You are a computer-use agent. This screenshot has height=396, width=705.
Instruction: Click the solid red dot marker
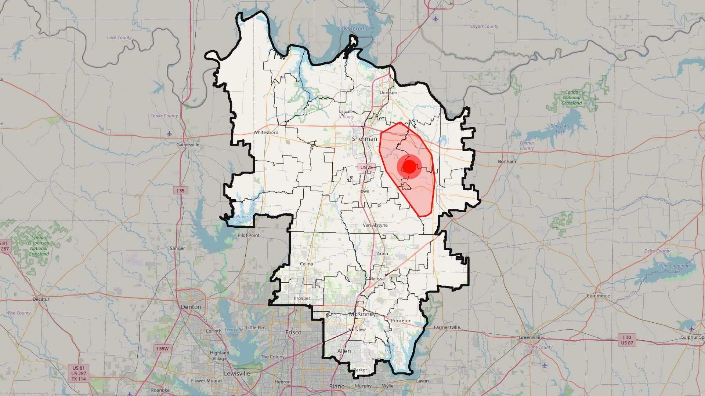pos(409,167)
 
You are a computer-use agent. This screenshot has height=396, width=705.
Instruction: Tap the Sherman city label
pos(364,139)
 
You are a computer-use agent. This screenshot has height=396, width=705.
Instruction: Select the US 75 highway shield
pos(366,167)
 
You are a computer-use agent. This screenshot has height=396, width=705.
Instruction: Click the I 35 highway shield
pos(180,190)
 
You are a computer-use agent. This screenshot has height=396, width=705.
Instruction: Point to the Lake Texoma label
pos(353,29)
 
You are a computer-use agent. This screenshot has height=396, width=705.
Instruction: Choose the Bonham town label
pos(507,161)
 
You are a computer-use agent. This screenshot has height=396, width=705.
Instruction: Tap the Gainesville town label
pos(188,144)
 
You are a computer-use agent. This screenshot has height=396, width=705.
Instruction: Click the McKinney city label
pos(362,314)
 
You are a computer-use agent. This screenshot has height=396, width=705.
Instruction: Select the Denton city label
pos(191,307)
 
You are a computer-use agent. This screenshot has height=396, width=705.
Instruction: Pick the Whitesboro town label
pos(266,132)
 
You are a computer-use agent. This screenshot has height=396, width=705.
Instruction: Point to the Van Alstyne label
pos(375,225)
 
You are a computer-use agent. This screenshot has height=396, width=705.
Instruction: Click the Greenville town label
pos(529,337)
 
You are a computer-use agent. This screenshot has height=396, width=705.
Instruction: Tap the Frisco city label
pos(293,333)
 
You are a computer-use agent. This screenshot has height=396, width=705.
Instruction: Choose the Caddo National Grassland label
pos(571,98)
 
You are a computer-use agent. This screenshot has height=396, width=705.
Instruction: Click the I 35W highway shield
pos(162,349)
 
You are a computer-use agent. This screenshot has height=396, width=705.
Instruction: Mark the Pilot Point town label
pos(249,235)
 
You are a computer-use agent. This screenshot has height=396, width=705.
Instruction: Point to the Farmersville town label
pos(447,327)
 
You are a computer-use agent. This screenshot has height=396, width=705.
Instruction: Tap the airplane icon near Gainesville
pos(169,133)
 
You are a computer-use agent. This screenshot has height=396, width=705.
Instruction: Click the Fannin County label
pos(527,146)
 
